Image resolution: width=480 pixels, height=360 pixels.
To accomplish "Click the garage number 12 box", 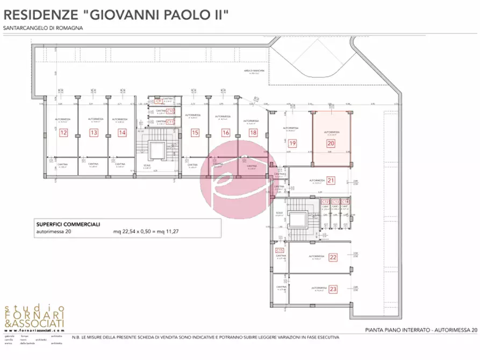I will tap(64, 132).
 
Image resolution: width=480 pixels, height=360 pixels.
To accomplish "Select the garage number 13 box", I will tap(94, 132).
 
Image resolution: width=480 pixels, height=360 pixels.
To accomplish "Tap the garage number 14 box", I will tap(122, 132).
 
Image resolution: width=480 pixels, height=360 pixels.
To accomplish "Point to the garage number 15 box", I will tap(195, 132).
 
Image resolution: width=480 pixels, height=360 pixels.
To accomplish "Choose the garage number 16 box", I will tap(225, 132).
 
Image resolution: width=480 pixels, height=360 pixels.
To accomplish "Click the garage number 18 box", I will tap(253, 132).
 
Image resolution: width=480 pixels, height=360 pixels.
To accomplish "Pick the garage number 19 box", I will tap(292, 143).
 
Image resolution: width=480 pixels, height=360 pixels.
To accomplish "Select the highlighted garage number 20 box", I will tap(331, 143).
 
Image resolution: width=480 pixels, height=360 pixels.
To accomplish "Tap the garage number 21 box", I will tap(331, 181).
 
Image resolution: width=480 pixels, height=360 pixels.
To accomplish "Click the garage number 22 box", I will tap(333, 257).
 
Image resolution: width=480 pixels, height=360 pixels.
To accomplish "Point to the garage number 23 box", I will tap(333, 289).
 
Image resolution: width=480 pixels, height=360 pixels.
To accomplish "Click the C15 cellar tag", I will tap(280, 250).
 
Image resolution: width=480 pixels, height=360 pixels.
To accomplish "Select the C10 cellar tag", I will tap(170, 111).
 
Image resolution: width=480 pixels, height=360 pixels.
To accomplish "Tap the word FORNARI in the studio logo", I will tap(34, 314).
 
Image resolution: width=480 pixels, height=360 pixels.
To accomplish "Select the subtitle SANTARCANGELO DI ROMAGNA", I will tap(43, 28).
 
